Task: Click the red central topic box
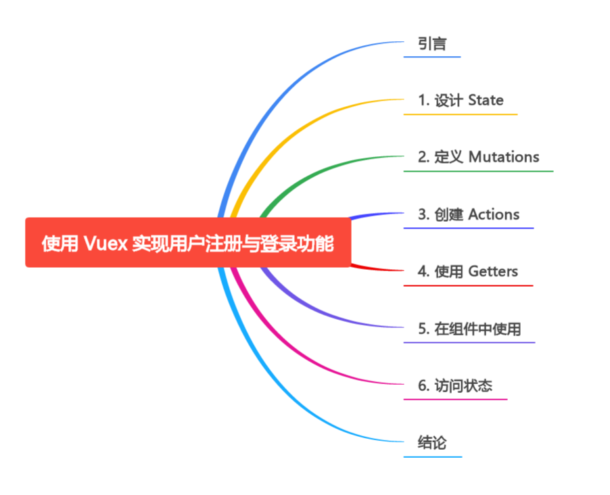tap(188, 242)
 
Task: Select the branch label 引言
tap(432, 45)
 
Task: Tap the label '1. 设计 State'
tap(461, 101)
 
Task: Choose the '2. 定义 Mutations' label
tap(478, 158)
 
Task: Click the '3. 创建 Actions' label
tap(469, 215)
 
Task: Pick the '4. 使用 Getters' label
tap(467, 272)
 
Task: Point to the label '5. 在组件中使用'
tap(469, 329)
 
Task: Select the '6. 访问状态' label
tap(454, 386)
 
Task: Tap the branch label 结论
tap(432, 443)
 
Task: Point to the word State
tap(486, 101)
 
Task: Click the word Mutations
tap(504, 158)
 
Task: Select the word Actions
tap(494, 215)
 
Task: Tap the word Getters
tap(493, 272)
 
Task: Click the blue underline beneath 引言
tap(432, 57)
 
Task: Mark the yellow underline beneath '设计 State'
tap(461, 114)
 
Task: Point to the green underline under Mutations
tap(478, 171)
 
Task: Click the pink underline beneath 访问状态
tap(455, 400)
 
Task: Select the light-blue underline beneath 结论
tap(433, 457)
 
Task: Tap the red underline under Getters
tap(468, 285)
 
